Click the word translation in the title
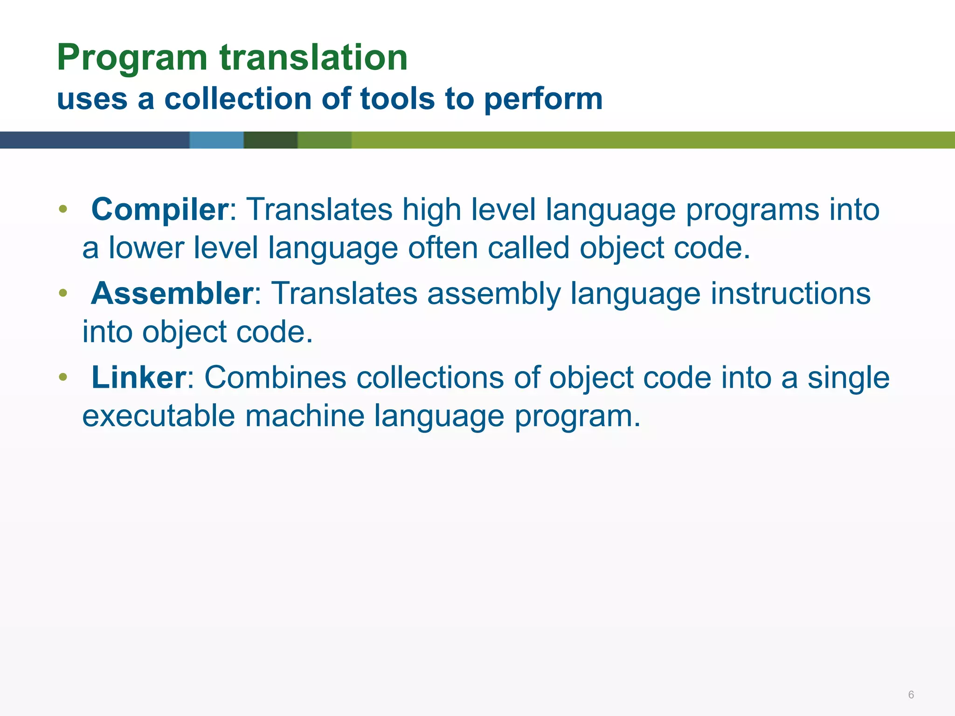point(314,58)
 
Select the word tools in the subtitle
point(397,99)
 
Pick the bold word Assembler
point(172,294)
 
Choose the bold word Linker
point(138,377)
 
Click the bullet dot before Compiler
point(63,209)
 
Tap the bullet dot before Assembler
point(63,293)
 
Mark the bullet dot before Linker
point(63,377)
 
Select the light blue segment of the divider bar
point(216,140)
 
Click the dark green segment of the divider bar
point(270,140)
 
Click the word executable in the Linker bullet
point(159,415)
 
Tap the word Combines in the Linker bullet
point(275,377)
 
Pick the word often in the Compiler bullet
point(443,248)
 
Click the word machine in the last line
point(304,415)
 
